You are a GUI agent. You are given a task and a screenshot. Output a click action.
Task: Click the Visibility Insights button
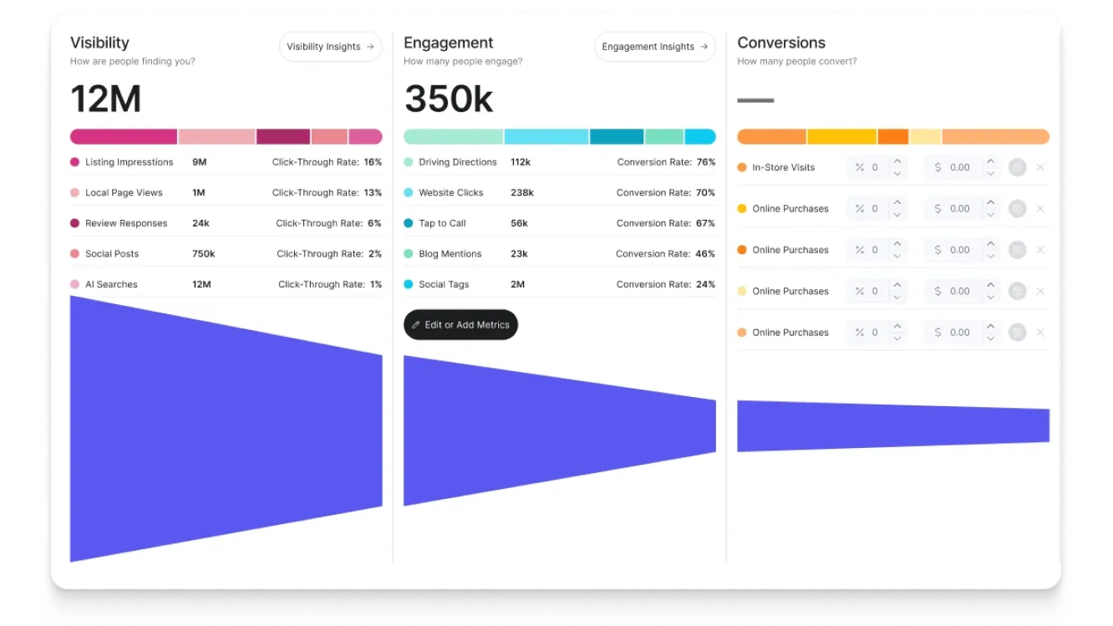tap(330, 47)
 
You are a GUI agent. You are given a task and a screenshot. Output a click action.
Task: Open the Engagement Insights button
tap(654, 47)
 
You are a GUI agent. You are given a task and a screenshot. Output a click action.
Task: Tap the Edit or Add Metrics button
tap(460, 325)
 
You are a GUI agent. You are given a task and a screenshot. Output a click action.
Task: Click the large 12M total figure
tap(106, 99)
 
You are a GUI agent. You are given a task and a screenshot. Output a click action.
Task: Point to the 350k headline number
tap(449, 99)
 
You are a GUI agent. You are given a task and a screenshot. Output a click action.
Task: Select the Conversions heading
tap(781, 43)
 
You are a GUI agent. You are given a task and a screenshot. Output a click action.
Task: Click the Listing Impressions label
tap(129, 162)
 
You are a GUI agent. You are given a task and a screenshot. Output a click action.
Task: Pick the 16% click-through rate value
tap(373, 162)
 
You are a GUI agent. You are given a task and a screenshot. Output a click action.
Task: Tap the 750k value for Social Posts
tap(203, 254)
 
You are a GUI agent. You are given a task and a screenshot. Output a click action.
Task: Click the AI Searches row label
tap(111, 285)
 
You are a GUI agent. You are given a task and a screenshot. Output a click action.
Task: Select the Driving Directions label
tap(457, 162)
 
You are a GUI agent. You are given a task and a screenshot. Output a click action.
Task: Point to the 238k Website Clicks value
tap(521, 193)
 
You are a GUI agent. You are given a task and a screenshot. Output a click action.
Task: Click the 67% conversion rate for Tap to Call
tap(705, 223)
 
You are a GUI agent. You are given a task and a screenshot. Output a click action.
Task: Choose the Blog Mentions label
tap(450, 254)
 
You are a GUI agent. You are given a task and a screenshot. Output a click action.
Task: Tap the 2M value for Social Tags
tap(517, 285)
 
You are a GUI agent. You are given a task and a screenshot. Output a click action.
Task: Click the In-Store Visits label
tap(783, 167)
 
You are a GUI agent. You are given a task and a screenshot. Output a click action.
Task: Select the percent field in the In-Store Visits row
tap(869, 167)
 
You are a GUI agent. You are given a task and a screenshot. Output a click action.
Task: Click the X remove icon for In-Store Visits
tap(1040, 167)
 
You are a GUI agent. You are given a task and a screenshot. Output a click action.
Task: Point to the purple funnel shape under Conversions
tap(892, 426)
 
